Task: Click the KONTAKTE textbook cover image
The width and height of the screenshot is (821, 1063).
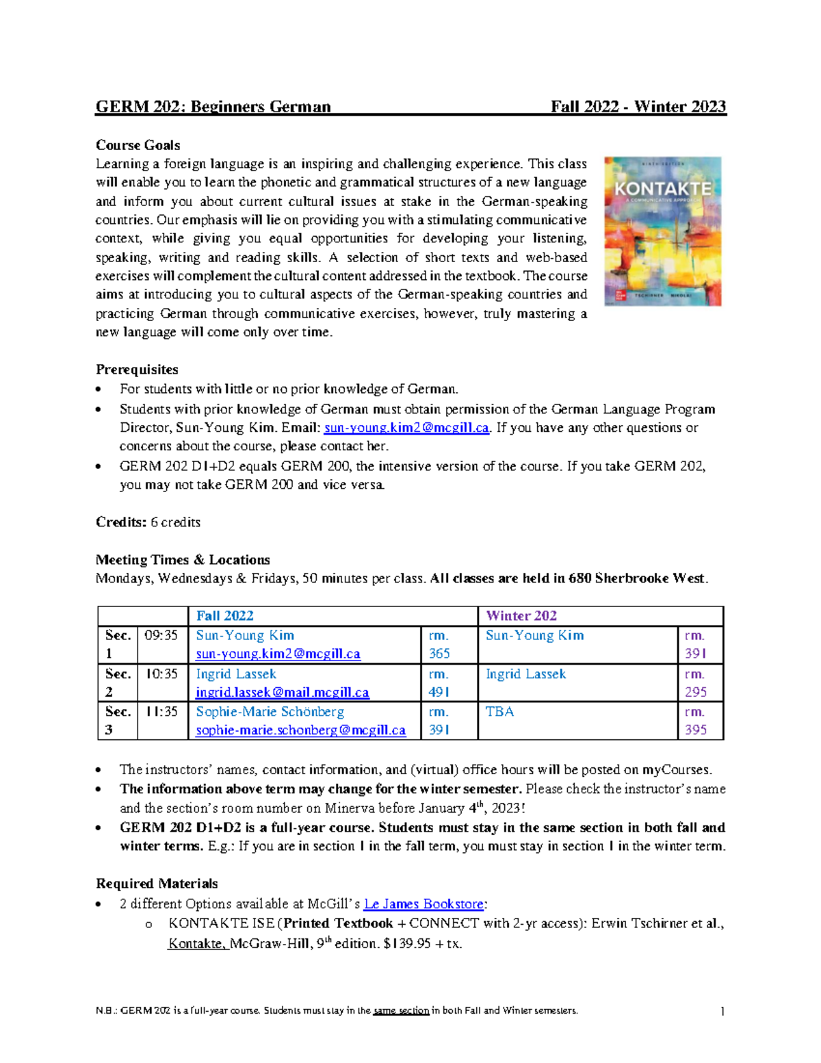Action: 662,231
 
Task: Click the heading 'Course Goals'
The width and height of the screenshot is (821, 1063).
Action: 138,145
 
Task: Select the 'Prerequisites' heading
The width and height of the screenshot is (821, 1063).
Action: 137,370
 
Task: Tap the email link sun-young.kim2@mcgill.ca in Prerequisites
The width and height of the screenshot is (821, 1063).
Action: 406,428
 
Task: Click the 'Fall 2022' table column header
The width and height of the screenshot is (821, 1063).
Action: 224,615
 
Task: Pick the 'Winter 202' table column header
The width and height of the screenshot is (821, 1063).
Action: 521,615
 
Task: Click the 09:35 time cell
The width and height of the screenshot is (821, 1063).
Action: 161,635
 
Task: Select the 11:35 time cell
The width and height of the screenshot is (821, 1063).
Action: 161,712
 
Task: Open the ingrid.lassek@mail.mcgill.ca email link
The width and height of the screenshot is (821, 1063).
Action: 282,693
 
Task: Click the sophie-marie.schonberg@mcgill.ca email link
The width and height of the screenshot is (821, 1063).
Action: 300,730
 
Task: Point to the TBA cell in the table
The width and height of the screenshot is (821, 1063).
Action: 499,712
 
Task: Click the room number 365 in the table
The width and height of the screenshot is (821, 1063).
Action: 439,654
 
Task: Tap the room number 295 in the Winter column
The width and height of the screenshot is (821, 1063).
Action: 695,692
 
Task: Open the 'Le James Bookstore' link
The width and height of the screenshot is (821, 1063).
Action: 423,904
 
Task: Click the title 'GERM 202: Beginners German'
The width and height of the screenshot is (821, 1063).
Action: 213,107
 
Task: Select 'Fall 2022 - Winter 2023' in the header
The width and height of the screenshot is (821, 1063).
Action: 638,107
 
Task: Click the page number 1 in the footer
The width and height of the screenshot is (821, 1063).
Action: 722,1011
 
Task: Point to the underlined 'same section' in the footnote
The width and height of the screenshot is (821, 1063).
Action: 401,1011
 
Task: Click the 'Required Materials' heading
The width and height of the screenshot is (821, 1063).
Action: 157,884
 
